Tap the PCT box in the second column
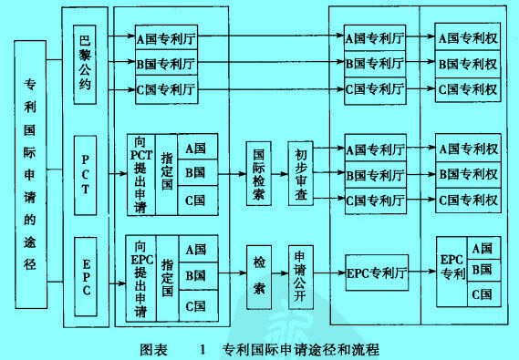[85, 175]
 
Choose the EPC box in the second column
[85, 274]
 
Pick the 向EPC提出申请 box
[140, 275]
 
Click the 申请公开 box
[300, 272]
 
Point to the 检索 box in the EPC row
[259, 272]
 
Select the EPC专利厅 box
[375, 272]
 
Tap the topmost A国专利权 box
[466, 40]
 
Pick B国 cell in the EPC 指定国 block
[195, 274]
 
